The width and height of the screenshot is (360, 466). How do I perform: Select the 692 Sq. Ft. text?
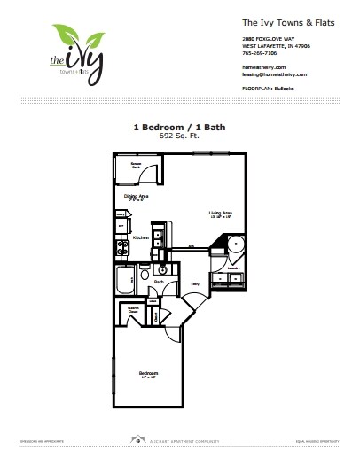click(180, 138)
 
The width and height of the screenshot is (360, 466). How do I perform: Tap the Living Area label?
click(220, 214)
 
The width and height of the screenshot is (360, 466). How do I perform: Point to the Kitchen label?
click(140, 238)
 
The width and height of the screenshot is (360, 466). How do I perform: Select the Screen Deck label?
click(138, 165)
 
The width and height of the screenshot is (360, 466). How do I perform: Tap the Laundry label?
click(234, 267)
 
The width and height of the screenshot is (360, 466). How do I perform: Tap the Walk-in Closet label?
click(132, 311)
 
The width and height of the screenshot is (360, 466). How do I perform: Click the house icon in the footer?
click(135, 439)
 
